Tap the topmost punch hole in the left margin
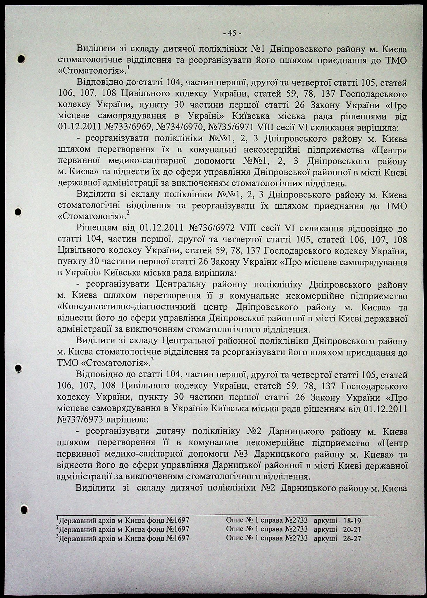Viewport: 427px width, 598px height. pos(21,59)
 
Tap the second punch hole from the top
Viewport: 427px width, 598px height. pos(18,211)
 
